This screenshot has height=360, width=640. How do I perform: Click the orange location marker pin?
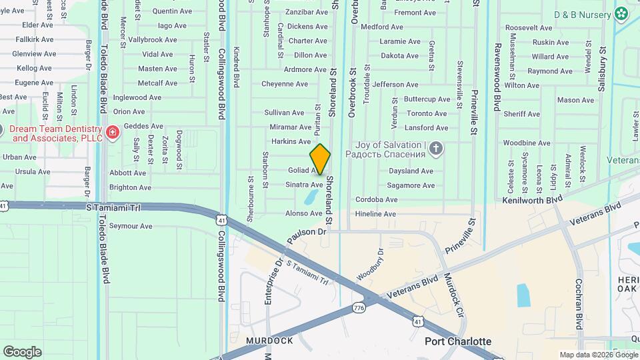[x=320, y=159]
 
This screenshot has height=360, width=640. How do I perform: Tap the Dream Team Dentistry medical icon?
[x=112, y=132]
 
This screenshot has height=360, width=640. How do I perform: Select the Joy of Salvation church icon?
[x=435, y=148]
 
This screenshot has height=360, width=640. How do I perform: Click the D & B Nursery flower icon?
[x=621, y=13]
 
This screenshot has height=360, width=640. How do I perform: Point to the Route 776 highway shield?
[x=359, y=307]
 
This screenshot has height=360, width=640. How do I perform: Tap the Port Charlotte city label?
[x=458, y=341]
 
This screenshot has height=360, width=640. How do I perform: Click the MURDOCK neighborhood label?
[x=269, y=341]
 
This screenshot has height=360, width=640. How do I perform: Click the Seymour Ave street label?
[x=131, y=227]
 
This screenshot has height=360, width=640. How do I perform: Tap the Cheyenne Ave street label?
[x=285, y=85]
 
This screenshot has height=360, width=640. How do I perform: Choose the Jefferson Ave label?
[x=395, y=85]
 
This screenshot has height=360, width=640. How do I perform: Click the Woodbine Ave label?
[x=527, y=143]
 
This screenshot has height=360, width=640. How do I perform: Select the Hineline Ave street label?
[x=376, y=214]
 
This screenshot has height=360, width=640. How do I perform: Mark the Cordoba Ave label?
[x=377, y=199]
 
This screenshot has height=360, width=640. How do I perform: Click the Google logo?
[x=22, y=352]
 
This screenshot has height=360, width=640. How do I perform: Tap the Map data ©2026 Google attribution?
[x=598, y=355]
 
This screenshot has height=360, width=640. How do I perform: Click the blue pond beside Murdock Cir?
[x=523, y=295]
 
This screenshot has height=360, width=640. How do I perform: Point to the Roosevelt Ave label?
[x=529, y=28]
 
